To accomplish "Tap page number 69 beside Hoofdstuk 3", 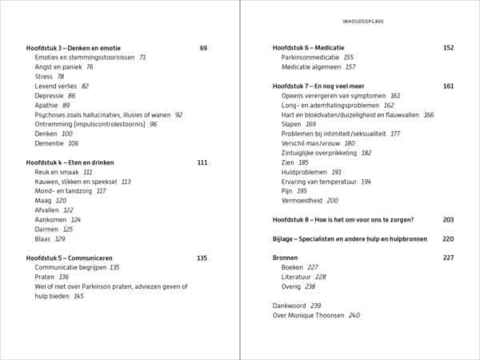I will (203, 48).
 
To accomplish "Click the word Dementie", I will (50, 143).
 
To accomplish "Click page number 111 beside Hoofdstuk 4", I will (202, 162).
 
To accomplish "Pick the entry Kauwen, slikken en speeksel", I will (77, 182).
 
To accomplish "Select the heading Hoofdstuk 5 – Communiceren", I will (70, 258).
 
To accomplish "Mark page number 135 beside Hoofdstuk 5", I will (202, 258).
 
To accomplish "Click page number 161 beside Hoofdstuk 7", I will (448, 86).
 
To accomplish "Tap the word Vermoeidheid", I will (303, 200).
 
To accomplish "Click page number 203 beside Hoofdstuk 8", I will (448, 219).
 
